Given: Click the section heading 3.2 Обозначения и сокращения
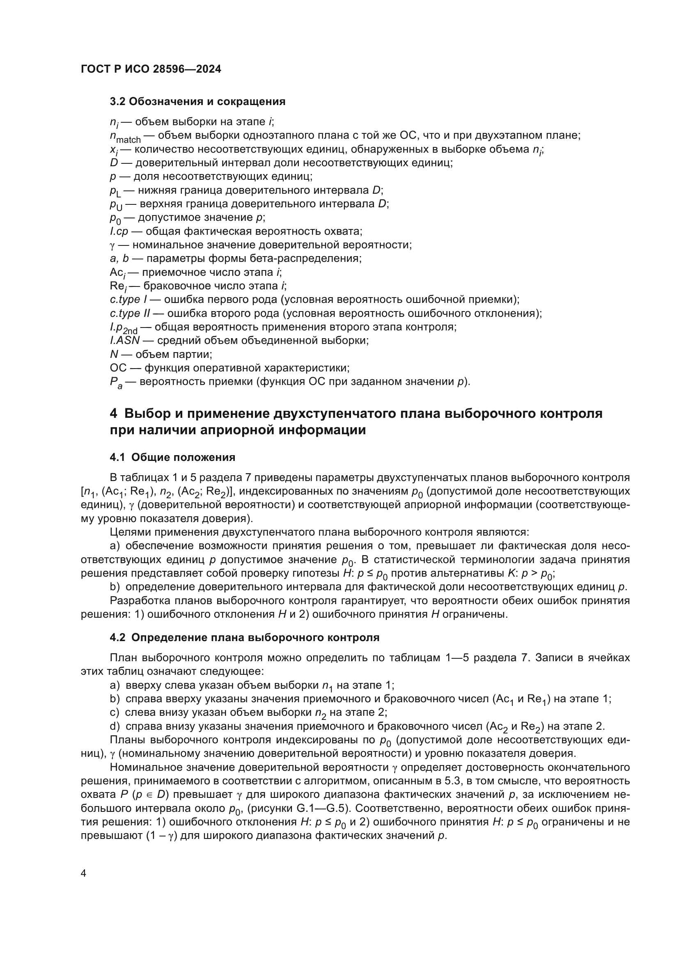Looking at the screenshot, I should [x=197, y=102].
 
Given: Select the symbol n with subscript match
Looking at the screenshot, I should [x=125, y=136].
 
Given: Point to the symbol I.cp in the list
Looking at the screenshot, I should [x=119, y=231].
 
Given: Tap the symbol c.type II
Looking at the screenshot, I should [x=130, y=314].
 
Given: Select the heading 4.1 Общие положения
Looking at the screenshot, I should [x=172, y=457].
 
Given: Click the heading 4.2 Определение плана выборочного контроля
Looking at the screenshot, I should [x=245, y=638].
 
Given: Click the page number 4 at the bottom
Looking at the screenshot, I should [x=84, y=873].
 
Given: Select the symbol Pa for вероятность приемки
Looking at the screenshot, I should [x=116, y=383].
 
